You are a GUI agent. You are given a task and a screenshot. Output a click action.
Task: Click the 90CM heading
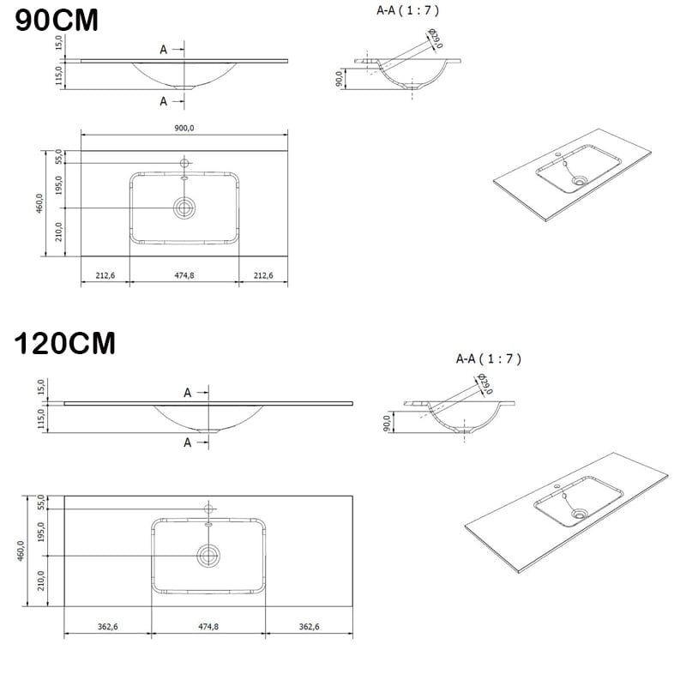pyautogui.click(x=57, y=20)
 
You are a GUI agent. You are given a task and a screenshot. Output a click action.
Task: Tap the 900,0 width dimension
pyautogui.click(x=184, y=128)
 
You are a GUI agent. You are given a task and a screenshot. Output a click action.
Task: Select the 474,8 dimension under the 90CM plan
pyautogui.click(x=184, y=275)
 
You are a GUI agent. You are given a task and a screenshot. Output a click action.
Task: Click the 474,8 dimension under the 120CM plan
pyautogui.click(x=208, y=627)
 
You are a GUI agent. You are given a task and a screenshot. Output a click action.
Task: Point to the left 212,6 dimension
pyautogui.click(x=105, y=275)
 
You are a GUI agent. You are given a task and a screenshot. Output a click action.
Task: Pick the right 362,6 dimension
pyautogui.click(x=309, y=627)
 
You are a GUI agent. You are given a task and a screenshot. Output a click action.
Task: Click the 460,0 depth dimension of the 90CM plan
pyautogui.click(x=39, y=203)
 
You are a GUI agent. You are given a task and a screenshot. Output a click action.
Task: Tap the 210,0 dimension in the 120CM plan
pyautogui.click(x=40, y=581)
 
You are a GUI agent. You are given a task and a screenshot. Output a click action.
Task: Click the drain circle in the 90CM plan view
pyautogui.click(x=184, y=208)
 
